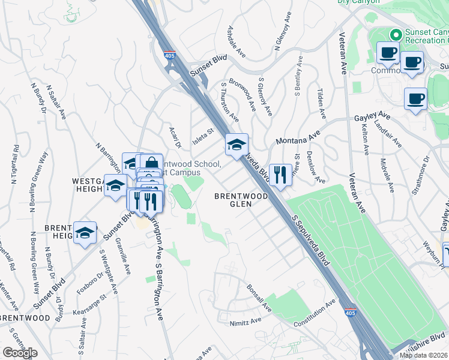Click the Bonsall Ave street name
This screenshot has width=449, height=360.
point(259,298)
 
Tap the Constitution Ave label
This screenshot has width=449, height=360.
point(315,314)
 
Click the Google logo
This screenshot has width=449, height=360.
point(20,353)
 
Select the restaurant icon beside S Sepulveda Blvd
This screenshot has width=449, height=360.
point(280,175)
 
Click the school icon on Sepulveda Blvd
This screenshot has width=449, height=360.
point(237,144)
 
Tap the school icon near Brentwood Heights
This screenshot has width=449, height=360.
point(85,233)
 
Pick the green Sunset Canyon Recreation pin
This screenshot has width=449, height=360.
point(396,35)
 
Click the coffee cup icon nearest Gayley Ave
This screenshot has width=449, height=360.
point(415,99)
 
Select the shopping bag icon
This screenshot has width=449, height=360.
point(151,163)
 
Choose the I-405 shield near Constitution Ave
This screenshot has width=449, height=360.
point(350,313)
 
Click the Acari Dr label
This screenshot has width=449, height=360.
point(175,137)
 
